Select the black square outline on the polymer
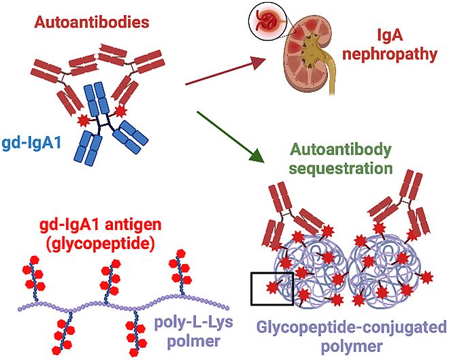[x=271, y=288]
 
